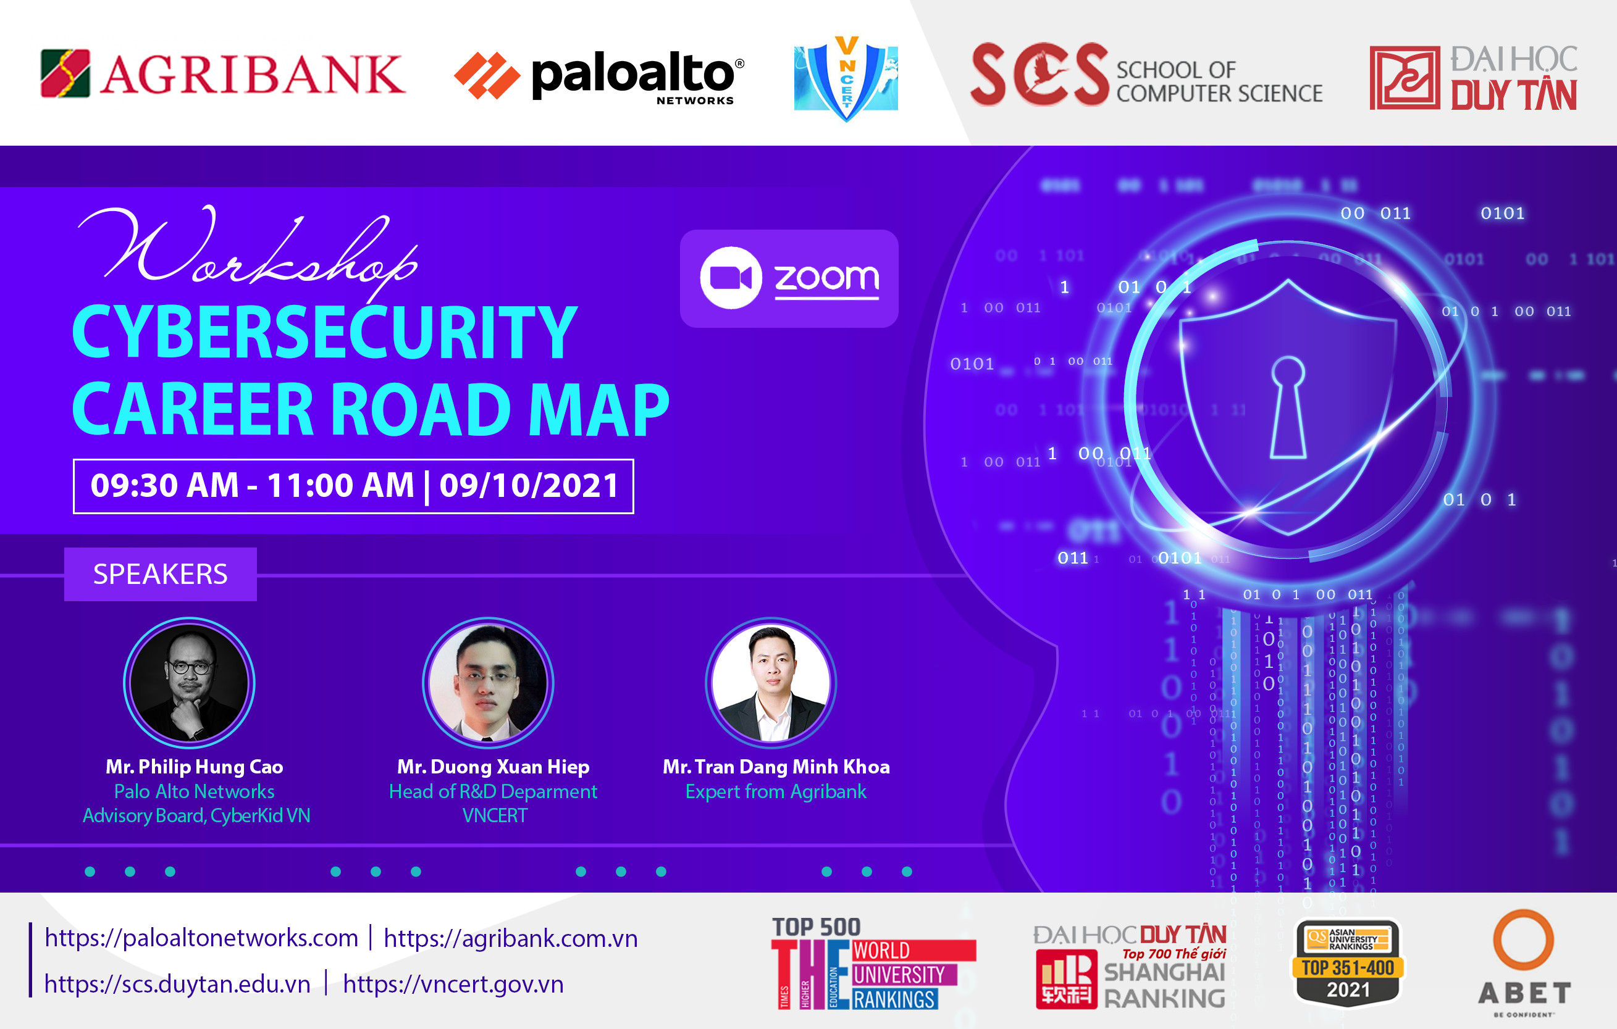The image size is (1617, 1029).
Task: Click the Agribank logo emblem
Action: pyautogui.click(x=65, y=73)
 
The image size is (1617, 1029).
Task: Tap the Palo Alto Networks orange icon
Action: pyautogui.click(x=487, y=75)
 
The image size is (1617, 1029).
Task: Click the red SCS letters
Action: pyautogui.click(x=1038, y=75)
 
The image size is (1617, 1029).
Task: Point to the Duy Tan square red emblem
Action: pyautogui.click(x=1404, y=78)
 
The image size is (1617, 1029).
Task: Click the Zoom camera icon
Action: pyautogui.click(x=731, y=278)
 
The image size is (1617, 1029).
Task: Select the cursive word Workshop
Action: pyautogui.click(x=248, y=252)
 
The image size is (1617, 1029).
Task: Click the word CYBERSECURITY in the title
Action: pyautogui.click(x=324, y=331)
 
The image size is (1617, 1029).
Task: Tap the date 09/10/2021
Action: pyautogui.click(x=529, y=485)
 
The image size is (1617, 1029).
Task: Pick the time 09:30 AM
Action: pyautogui.click(x=164, y=485)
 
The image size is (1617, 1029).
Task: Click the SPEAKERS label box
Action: pyautogui.click(x=161, y=574)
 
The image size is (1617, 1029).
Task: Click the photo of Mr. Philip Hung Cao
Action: pyautogui.click(x=190, y=683)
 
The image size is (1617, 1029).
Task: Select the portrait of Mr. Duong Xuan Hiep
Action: pyautogui.click(x=488, y=683)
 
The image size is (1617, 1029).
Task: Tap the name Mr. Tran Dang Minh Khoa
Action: pyautogui.click(x=776, y=767)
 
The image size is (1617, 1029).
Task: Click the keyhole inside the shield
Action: pyautogui.click(x=1288, y=406)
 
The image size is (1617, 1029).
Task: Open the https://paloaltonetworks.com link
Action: pyautogui.click(x=201, y=938)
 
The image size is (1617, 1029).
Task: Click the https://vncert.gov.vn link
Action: pyautogui.click(x=453, y=984)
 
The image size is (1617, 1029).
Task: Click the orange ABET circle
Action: pyautogui.click(x=1523, y=939)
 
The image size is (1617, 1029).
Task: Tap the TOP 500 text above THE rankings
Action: pyautogui.click(x=816, y=928)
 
